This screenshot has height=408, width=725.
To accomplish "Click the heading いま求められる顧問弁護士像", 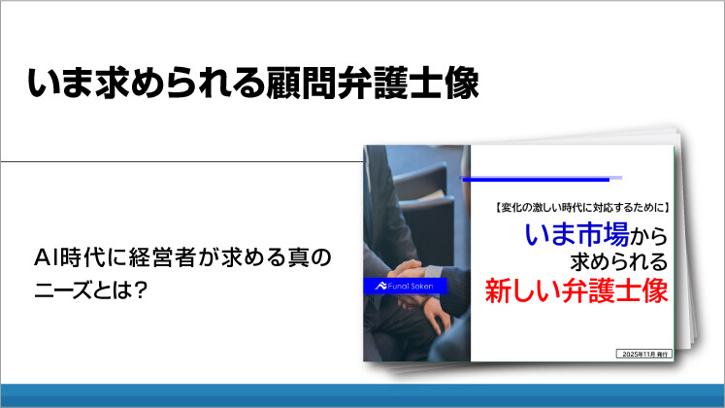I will pos(253,84).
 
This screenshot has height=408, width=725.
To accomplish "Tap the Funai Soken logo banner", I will pos(406,285).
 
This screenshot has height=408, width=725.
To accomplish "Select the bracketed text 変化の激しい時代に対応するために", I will pos(575,208).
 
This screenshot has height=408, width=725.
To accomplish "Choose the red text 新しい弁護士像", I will pos(577,290).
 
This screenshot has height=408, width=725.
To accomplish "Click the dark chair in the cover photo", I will pos(437,194).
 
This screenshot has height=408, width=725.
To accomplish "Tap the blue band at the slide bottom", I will pos(362,395).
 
